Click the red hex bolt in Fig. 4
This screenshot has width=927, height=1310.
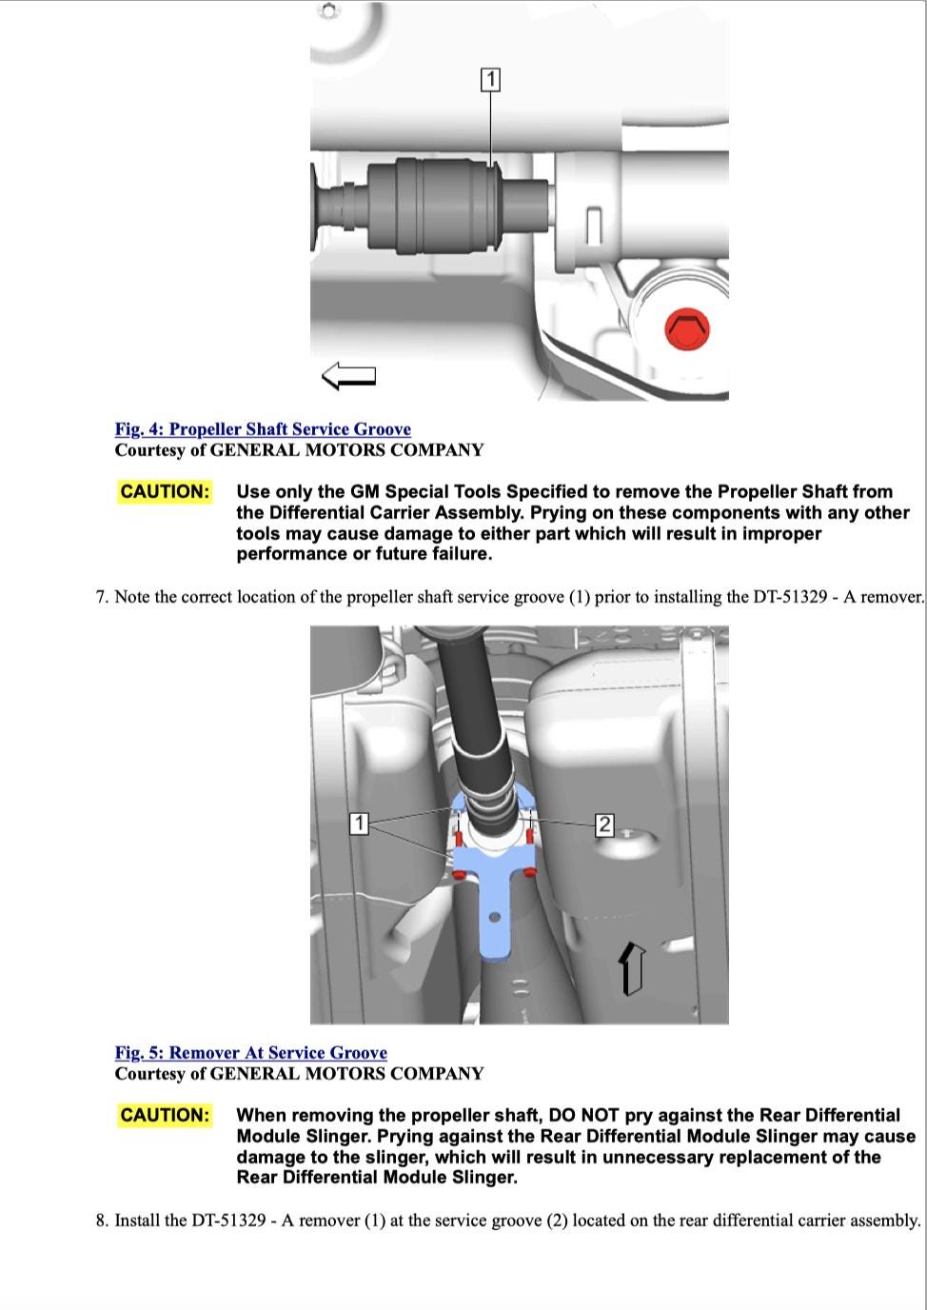[x=685, y=329]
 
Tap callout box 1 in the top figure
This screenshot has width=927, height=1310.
[x=490, y=80]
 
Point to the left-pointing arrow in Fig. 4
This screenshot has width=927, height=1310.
[x=349, y=376]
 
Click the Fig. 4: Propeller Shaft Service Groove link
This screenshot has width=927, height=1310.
[x=263, y=429]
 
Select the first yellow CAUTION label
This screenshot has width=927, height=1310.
[x=165, y=491]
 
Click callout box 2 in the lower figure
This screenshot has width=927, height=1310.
[x=604, y=824]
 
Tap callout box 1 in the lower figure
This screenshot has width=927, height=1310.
[x=359, y=824]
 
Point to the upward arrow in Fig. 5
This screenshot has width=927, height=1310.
[x=631, y=967]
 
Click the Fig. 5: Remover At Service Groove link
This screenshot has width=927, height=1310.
[x=251, y=1053]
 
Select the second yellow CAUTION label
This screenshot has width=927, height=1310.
[x=165, y=1115]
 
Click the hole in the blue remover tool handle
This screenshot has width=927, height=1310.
[x=494, y=918]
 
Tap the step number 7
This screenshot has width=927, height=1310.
[x=100, y=598]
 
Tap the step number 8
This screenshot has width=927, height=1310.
[x=100, y=1221]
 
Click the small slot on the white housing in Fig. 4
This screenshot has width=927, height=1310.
[x=594, y=224]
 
